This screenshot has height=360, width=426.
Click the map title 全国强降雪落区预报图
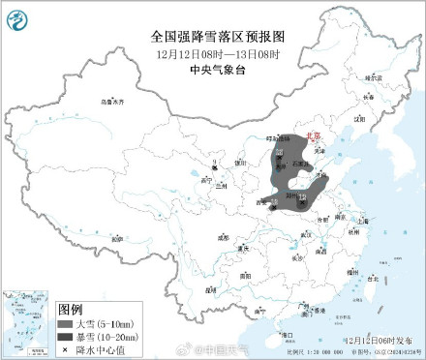click(x=212, y=36)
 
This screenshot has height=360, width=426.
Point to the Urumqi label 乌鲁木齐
click(x=112, y=101)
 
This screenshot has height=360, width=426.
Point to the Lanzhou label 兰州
click(x=222, y=185)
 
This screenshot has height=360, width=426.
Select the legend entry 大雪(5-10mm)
click(x=97, y=321)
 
